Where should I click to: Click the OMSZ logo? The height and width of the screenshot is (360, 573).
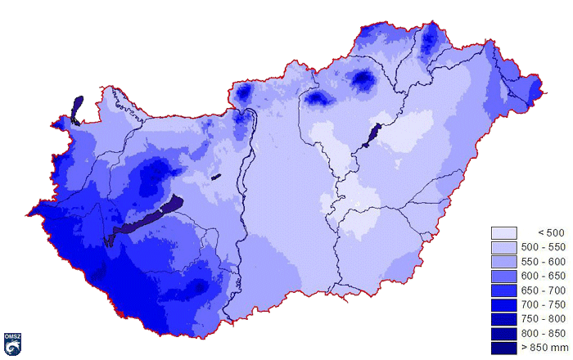(x=12, y=344)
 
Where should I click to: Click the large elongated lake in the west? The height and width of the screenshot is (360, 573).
(x=147, y=218)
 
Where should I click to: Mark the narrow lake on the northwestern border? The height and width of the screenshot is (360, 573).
(x=77, y=108)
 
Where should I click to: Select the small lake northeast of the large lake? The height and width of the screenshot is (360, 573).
(x=216, y=176)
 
